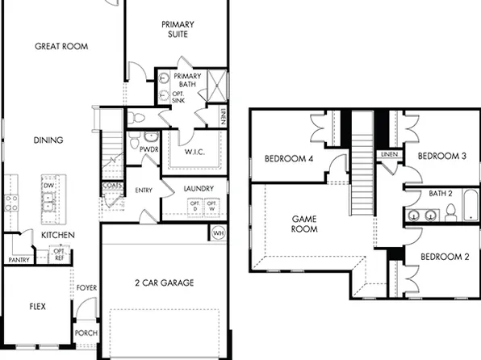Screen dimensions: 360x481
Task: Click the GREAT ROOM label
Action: [61, 47]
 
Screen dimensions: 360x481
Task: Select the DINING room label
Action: [48, 140]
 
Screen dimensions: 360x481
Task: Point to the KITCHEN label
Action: [58, 235]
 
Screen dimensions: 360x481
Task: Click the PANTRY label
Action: [19, 260]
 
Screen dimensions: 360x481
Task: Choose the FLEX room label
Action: [37, 307]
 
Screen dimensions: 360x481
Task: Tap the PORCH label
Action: [86, 333]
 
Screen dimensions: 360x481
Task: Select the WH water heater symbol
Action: [218, 233]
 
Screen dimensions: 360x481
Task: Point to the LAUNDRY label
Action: [199, 190]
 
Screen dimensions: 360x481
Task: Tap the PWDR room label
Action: [148, 149]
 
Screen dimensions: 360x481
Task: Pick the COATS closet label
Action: [112, 186]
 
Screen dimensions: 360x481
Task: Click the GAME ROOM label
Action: [303, 223]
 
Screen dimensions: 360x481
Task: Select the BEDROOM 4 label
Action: [289, 159]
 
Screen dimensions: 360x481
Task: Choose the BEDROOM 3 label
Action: [442, 156]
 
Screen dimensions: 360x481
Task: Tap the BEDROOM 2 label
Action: [444, 257]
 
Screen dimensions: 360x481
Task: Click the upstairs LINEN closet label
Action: [390, 153]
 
